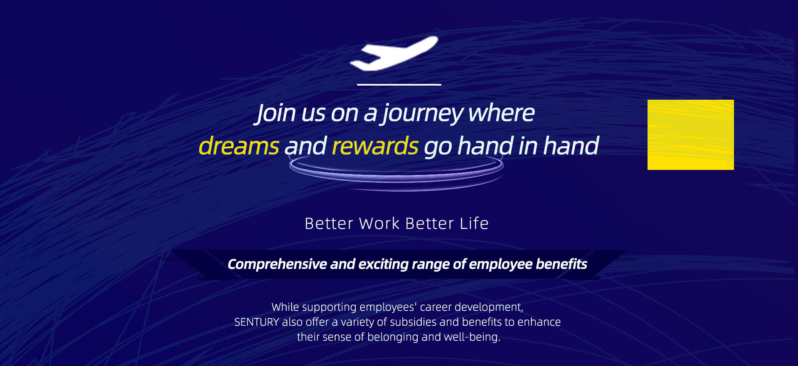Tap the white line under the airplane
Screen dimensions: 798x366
(x=399, y=85)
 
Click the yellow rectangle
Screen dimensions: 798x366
(x=691, y=135)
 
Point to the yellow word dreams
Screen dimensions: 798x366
(x=239, y=146)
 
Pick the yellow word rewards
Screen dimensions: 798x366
(x=375, y=146)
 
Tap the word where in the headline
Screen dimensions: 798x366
(x=502, y=113)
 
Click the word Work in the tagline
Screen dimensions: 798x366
(x=379, y=224)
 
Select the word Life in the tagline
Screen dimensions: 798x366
(x=474, y=224)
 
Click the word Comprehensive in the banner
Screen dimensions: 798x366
(x=277, y=264)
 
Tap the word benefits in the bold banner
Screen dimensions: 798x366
(x=562, y=264)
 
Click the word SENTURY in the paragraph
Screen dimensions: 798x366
(x=256, y=322)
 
